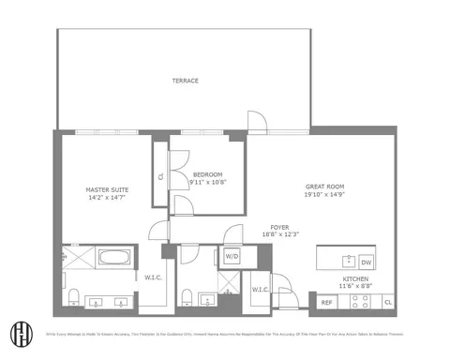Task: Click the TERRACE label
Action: point(185,81)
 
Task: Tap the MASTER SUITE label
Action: point(107,190)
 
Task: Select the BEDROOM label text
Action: point(207,174)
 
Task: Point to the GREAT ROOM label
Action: point(325,186)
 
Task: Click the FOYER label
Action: point(280,226)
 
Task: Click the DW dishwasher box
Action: point(367,262)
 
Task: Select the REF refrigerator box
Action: point(327,302)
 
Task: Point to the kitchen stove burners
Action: point(359,302)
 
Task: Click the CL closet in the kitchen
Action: point(388,302)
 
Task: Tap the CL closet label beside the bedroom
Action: point(161,175)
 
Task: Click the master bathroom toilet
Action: point(72,299)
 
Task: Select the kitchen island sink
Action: point(348,261)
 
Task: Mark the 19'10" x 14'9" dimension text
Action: point(325,194)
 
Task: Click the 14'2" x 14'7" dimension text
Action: point(107,199)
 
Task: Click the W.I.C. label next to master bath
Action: point(154,277)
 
